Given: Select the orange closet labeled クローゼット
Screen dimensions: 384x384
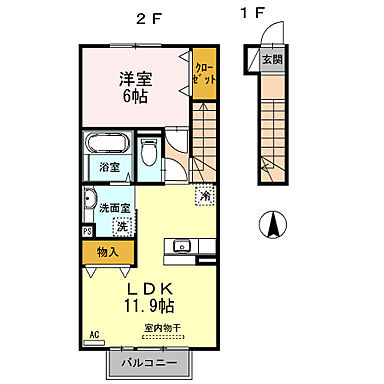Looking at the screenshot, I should click(x=204, y=76).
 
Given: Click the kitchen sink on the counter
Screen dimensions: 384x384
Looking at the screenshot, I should click(x=184, y=246).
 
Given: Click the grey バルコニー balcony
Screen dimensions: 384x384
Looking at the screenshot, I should click(x=152, y=362).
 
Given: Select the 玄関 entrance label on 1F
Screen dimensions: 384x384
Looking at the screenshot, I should click(x=271, y=60).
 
